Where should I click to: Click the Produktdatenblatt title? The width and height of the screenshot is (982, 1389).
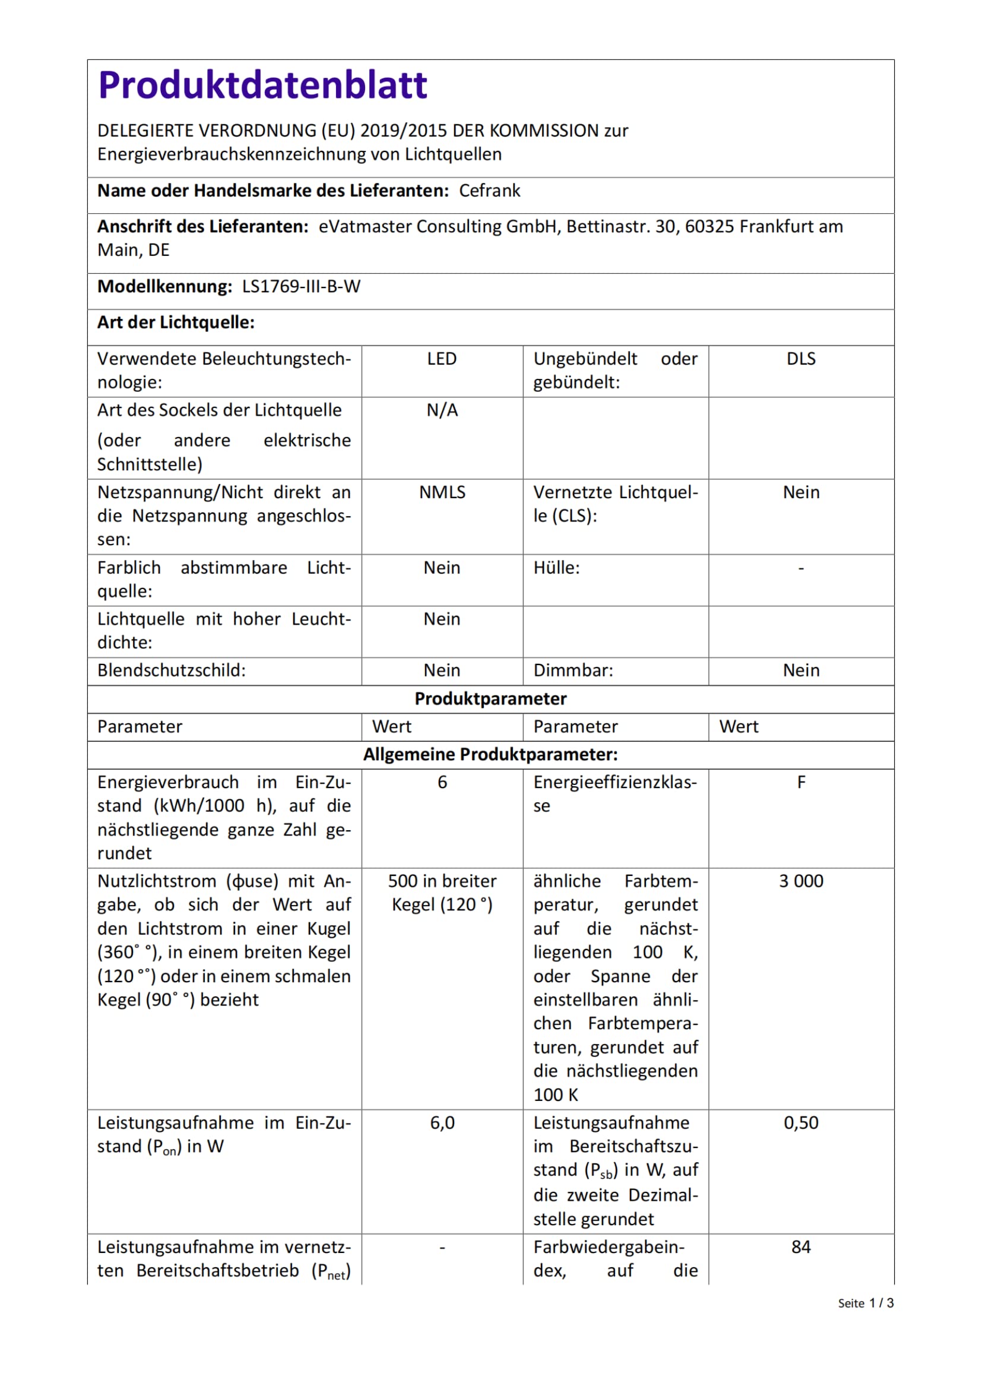pos(262,85)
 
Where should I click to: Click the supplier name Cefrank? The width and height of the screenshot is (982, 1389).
pos(489,191)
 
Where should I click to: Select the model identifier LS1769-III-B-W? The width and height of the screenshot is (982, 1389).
pos(301,286)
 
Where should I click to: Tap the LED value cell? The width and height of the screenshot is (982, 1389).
pos(442,359)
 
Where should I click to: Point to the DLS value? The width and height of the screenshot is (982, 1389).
pos(800,359)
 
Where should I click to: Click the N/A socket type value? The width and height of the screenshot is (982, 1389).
pos(442,410)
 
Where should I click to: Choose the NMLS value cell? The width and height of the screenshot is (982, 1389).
pos(442,492)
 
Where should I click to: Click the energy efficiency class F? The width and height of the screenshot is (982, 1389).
pos(800,782)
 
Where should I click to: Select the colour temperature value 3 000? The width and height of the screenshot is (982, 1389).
pos(800,881)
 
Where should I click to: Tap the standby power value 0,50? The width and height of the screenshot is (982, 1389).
pos(800,1123)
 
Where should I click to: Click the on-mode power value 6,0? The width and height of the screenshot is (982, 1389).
pos(442,1123)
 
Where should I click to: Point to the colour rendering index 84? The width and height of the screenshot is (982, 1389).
pos(800,1248)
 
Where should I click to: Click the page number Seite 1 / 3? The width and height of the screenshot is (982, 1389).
pos(865,1303)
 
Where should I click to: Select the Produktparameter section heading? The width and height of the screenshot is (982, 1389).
pos(490,699)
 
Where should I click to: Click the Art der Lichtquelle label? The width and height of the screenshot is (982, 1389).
pos(176,322)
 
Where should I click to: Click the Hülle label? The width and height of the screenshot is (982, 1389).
pos(556,568)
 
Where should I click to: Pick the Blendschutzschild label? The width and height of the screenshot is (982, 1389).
pos(172,670)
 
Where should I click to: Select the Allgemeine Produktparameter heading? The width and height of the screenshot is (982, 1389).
pos(490,754)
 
